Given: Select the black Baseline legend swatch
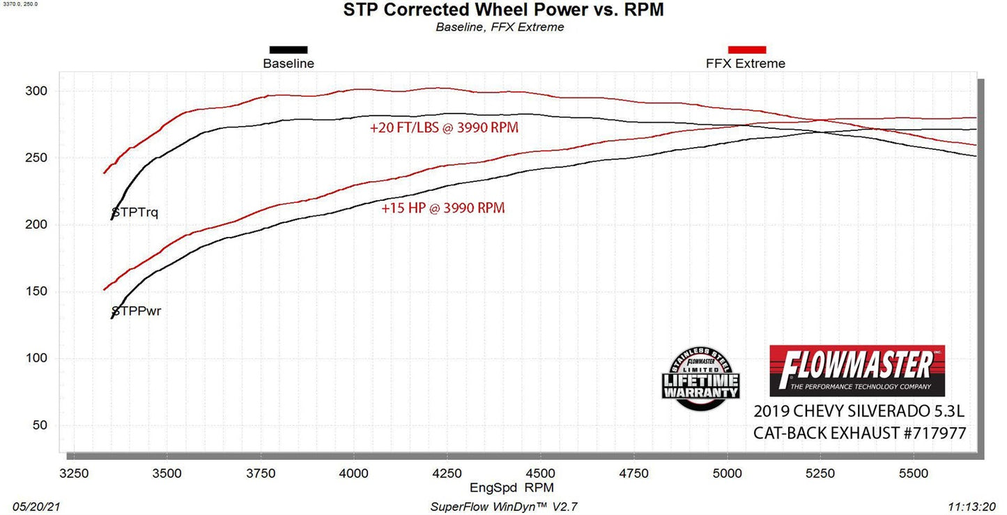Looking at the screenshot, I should click(x=289, y=49).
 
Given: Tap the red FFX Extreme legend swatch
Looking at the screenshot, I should click(x=746, y=49).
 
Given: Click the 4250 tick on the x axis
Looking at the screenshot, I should click(x=447, y=474).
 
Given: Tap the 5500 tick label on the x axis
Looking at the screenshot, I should click(x=914, y=474).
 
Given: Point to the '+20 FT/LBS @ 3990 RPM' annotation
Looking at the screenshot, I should click(x=444, y=128).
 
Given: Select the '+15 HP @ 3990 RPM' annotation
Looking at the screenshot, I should click(x=443, y=208).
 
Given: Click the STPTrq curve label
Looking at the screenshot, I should click(x=135, y=213).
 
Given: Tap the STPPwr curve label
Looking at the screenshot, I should click(x=137, y=311).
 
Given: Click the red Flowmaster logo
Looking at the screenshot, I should click(x=856, y=370).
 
